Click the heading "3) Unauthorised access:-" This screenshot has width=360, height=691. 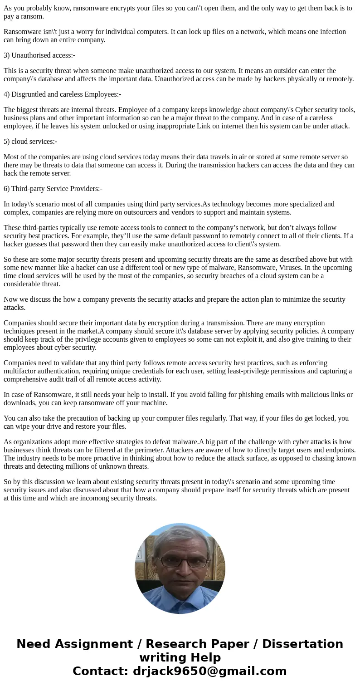[39, 55]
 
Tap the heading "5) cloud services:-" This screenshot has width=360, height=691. [30, 142]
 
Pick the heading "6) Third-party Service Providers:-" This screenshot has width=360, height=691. [53, 189]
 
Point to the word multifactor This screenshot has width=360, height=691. [23, 371]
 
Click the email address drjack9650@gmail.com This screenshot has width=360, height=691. [209, 671]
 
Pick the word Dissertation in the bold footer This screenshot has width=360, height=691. [302, 644]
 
